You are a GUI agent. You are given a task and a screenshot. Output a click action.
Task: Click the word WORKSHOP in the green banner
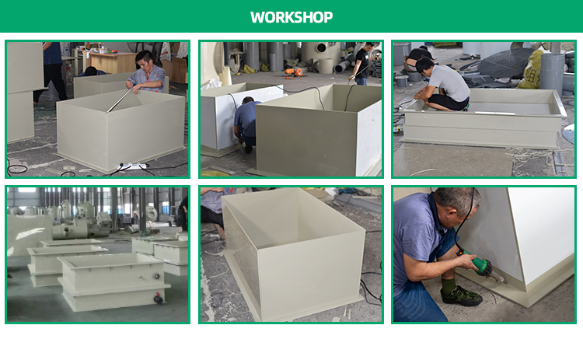tap(291, 17)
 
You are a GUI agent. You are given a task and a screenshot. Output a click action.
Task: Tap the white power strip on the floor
tap(131, 166)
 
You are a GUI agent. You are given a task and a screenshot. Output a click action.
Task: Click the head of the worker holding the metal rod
tap(145, 60)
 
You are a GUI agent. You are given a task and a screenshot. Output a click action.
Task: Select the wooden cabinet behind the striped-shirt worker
tap(113, 62)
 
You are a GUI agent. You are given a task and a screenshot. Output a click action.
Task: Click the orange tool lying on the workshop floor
tap(295, 72)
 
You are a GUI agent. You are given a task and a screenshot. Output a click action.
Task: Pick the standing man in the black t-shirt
tap(362, 63)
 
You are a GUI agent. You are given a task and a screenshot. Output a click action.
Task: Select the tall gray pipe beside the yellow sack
tap(552, 72)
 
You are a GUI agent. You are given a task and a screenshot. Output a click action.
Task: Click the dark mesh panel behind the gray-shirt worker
tap(505, 62)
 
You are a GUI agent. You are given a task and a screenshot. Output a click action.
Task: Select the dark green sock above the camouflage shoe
tap(449, 286)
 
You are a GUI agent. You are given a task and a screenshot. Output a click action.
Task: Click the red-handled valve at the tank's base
tap(159, 299)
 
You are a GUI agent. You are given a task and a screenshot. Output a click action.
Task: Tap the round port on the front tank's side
tap(156, 277)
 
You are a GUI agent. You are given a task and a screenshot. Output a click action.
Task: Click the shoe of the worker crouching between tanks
tap(248, 149)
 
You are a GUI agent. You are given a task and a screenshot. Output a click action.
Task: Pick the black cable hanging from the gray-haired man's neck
tap(465, 219)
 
